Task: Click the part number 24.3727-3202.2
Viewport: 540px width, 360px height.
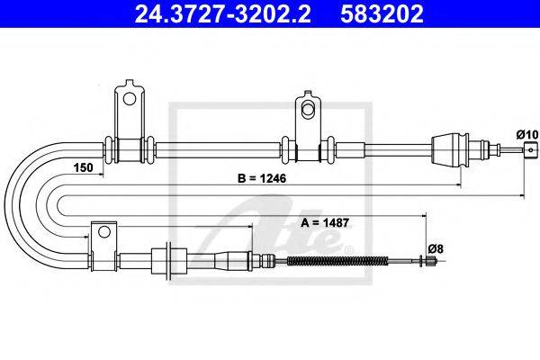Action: [x=222, y=13]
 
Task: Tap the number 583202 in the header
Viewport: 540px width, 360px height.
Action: [x=382, y=13]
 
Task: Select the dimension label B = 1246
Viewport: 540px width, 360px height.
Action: [x=262, y=178]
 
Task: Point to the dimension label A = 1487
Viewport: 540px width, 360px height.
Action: [x=325, y=222]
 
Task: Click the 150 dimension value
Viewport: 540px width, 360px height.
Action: [x=84, y=167]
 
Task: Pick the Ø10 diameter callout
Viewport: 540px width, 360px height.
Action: [x=526, y=134]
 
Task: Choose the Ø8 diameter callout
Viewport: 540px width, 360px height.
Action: [x=436, y=248]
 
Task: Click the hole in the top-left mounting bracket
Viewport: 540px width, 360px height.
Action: [x=130, y=99]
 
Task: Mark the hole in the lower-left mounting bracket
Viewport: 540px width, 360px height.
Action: [x=103, y=231]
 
